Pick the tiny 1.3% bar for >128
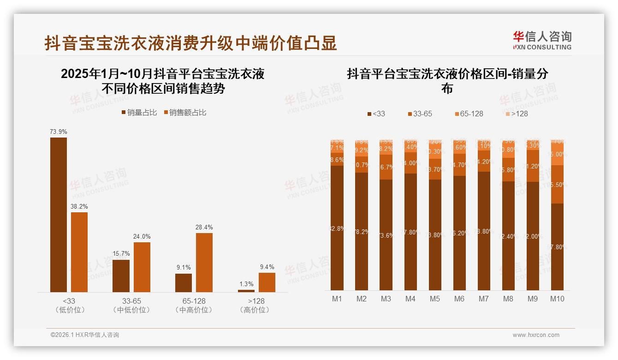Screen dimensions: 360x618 pyautogui.click(x=246, y=291)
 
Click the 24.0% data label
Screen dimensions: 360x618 pyautogui.click(x=142, y=236)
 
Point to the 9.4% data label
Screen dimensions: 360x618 pyautogui.click(x=267, y=267)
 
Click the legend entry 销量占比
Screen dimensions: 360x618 pyautogui.click(x=139, y=113)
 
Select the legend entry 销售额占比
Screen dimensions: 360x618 pyautogui.click(x=184, y=113)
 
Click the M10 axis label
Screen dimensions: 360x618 pyautogui.click(x=557, y=299)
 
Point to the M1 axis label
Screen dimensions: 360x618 pyautogui.click(x=337, y=299)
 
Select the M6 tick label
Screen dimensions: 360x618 pyautogui.click(x=459, y=299)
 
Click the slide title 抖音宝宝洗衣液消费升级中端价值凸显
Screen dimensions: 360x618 pyautogui.click(x=191, y=43)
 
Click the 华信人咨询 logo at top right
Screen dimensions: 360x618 pyautogui.click(x=542, y=40)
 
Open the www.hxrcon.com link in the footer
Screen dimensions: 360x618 pyautogui.click(x=536, y=335)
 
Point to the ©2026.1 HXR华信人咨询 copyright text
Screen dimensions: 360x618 pyautogui.click(x=85, y=335)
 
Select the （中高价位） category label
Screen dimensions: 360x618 pyautogui.click(x=194, y=310)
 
